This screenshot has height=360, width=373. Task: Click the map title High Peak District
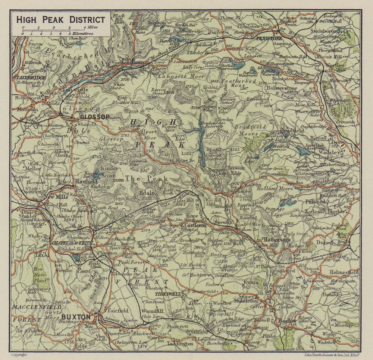coord(60,19)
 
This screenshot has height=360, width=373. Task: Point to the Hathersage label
coord(276,240)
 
